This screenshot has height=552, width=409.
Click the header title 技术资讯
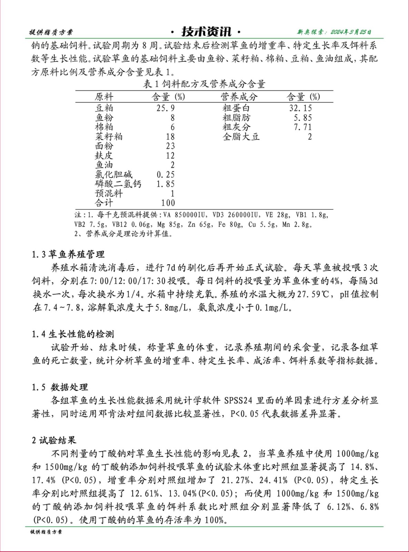(206, 32)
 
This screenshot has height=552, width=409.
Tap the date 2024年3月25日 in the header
(351, 32)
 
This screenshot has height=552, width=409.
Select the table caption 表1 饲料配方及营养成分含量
(204, 84)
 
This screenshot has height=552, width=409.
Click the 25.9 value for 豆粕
(165, 108)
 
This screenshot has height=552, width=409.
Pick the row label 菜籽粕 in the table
(109, 137)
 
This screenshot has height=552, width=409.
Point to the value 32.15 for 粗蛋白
(300, 108)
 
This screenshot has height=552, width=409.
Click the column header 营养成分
(239, 97)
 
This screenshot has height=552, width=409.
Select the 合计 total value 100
(168, 203)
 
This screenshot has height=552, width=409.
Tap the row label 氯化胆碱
(113, 175)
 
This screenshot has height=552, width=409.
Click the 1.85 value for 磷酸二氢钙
(165, 184)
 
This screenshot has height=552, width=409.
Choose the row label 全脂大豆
(241, 137)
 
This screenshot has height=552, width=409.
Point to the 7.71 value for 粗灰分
(303, 127)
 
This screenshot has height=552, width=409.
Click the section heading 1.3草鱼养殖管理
(68, 255)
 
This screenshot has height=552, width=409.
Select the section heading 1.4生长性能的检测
(73, 334)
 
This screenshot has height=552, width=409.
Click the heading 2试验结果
(54, 440)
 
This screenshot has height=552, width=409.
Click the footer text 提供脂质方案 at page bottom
(46, 532)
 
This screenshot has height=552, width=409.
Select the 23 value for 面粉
(170, 146)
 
